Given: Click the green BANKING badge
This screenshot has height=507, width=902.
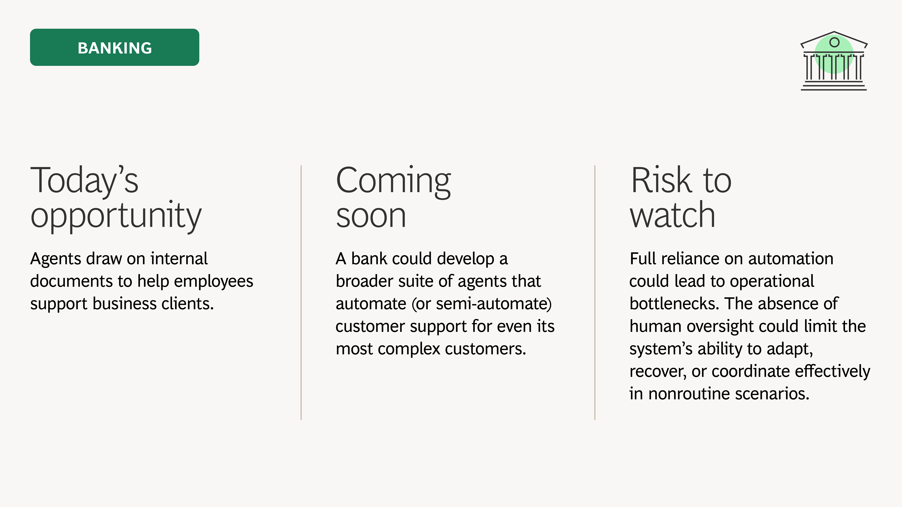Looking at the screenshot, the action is pos(115,47).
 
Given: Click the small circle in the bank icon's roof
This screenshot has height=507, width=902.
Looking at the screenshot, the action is pos(834,42).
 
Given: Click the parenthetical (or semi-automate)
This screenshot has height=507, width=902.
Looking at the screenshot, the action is pos(481,304).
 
